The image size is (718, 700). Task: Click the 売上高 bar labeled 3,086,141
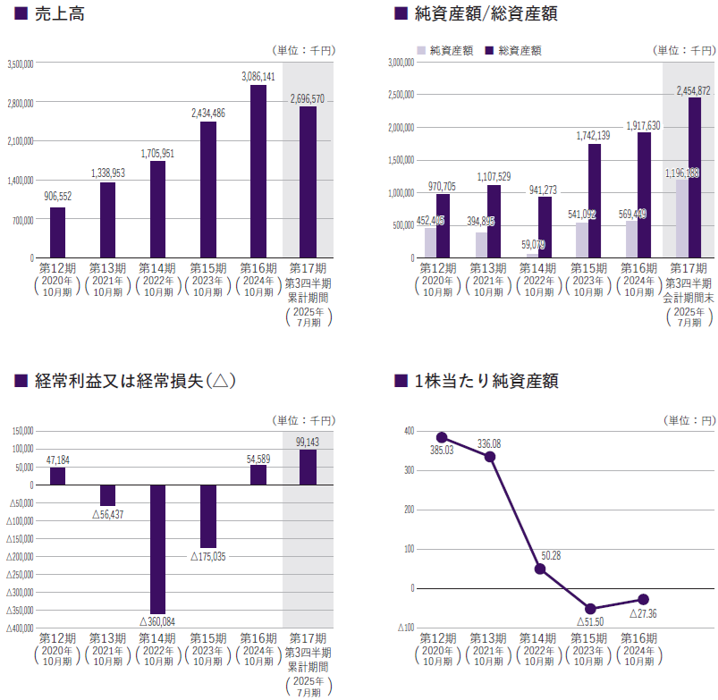(258, 171)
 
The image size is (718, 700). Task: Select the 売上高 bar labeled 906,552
(57, 232)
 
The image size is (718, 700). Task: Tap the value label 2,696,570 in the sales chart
(308, 98)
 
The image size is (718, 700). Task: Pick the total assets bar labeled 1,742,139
(595, 200)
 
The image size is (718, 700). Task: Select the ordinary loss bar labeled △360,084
(157, 549)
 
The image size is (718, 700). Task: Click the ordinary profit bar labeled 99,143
(308, 467)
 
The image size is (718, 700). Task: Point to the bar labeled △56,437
(107, 495)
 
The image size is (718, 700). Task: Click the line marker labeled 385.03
(442, 438)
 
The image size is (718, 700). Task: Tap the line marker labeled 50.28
(540, 569)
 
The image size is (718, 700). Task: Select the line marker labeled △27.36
(641, 599)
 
